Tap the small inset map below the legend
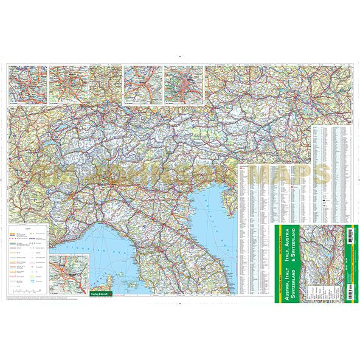(x=68, y=271)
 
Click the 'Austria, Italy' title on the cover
(x=281, y=259)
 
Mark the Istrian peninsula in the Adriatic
(x=226, y=201)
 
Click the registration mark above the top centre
(x=180, y=57)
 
